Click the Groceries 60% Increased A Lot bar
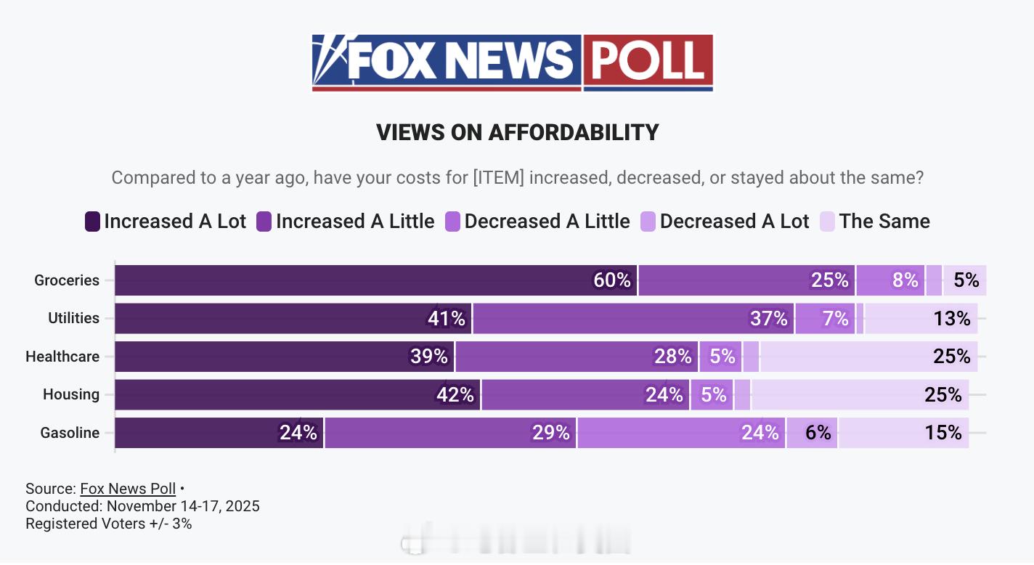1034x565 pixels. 376,280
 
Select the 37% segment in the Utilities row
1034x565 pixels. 633,318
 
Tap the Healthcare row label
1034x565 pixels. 62,357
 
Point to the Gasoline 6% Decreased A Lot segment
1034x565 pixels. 812,433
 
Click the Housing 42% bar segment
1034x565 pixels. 298,394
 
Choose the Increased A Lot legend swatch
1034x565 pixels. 92,221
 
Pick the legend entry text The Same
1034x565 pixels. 884,221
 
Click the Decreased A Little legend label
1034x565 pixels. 547,221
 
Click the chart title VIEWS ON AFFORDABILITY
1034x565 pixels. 517,132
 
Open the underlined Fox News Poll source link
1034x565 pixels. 128,489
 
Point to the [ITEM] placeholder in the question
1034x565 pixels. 498,178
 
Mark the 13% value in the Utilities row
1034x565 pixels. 952,318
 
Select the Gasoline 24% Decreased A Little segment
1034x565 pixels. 681,433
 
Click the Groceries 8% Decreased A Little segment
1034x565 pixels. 890,280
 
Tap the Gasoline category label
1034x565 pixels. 70,433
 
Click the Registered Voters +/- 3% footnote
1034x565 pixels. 109,524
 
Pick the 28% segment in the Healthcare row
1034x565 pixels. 577,357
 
